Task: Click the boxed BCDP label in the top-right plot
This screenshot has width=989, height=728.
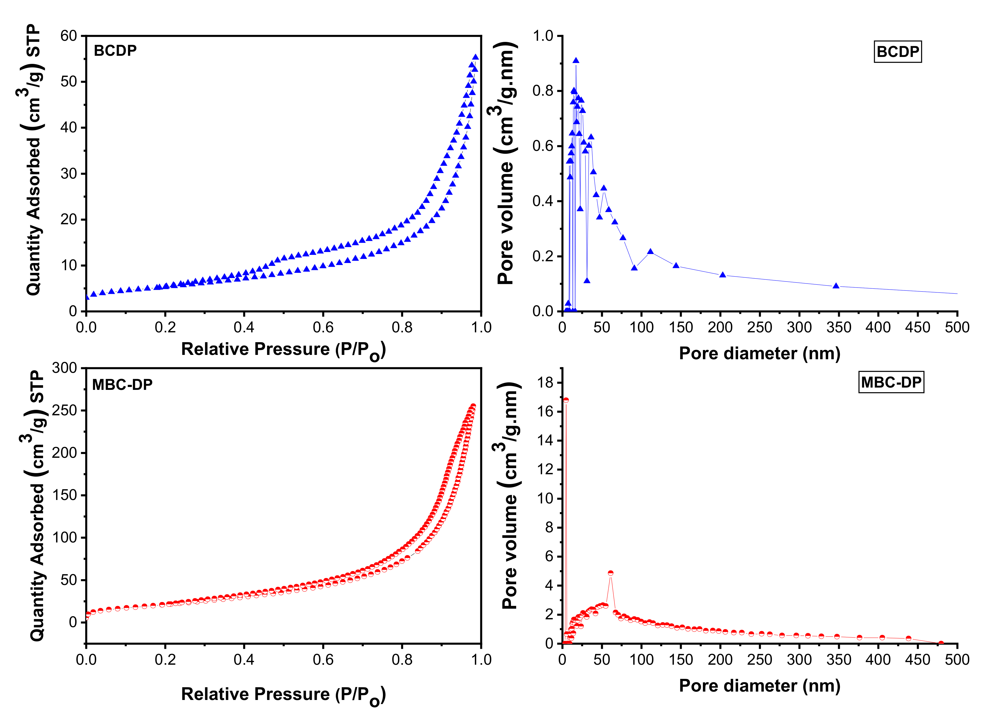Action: coord(897,51)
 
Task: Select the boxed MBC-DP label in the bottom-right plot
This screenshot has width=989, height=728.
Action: coord(891,382)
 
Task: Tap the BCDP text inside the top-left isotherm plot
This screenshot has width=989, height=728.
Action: coord(115,51)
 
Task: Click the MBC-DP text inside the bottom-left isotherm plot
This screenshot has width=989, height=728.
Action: coord(122,385)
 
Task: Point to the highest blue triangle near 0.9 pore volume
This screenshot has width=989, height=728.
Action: coord(576,61)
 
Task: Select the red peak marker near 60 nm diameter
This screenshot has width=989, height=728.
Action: coord(610,573)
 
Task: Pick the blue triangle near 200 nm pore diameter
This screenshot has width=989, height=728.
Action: coord(722,275)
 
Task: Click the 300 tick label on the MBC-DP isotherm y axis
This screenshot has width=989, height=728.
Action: coord(64,368)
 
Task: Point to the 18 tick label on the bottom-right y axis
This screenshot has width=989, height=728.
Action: coord(545,383)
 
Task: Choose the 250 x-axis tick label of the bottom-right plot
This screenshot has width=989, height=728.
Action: coord(759,660)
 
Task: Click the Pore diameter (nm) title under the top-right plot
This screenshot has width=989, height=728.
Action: coord(759,353)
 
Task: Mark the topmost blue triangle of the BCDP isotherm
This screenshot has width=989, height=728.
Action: coord(475,57)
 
